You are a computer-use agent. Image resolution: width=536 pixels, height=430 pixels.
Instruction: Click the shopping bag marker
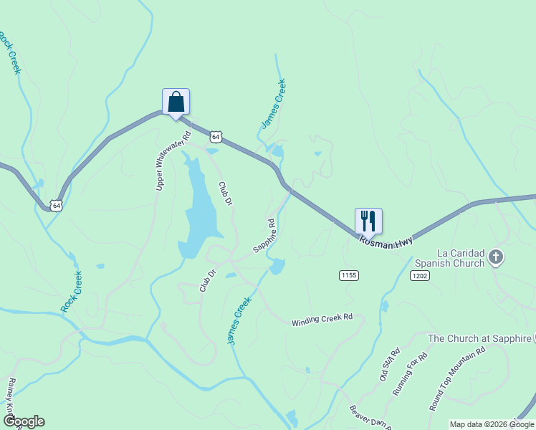176,102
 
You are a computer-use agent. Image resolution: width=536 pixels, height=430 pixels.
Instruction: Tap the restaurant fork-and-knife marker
368,221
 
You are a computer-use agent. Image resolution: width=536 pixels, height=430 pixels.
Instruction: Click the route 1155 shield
349,275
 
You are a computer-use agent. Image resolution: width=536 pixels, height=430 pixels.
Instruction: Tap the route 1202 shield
419,275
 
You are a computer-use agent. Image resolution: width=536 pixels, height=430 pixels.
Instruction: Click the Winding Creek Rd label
322,320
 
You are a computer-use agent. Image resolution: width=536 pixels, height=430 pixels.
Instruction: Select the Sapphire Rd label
264,236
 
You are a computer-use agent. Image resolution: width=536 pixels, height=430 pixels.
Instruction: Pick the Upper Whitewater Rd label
173,161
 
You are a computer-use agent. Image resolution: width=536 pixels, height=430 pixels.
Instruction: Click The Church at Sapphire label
479,338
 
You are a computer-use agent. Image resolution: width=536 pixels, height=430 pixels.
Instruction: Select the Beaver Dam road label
369,416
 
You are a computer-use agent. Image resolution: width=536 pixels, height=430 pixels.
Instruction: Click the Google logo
23,421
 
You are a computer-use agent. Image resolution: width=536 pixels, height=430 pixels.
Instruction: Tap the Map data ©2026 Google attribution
492,424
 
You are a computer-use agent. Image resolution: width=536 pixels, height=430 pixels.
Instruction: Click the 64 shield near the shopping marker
216,136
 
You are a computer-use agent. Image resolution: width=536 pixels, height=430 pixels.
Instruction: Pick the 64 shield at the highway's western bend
56,206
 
